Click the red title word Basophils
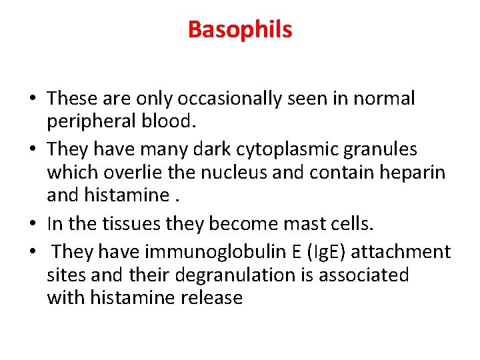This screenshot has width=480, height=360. [x=240, y=30]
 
